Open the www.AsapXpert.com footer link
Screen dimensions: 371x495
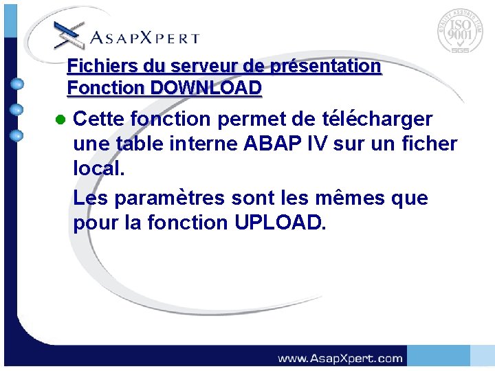pyautogui.click(x=340, y=358)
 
